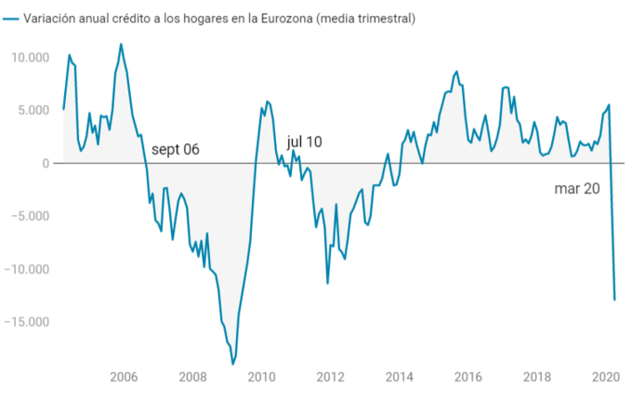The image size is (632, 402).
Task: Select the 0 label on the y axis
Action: click(45, 164)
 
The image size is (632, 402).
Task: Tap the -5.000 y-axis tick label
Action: click(31, 217)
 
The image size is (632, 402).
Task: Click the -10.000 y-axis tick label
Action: click(27, 270)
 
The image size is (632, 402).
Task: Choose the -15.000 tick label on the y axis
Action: click(27, 323)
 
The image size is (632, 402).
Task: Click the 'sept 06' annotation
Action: click(176, 150)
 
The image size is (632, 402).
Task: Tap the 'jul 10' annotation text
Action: click(304, 141)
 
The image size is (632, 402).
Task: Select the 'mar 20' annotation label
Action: click(577, 188)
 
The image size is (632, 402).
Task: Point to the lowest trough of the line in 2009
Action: click(232, 364)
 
